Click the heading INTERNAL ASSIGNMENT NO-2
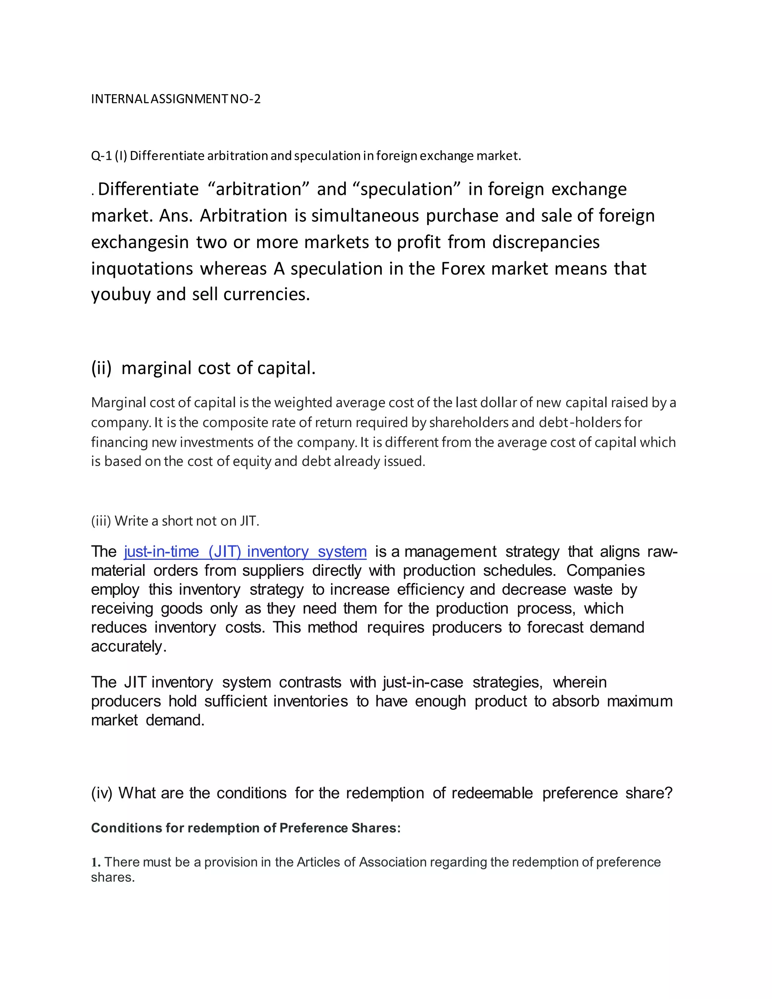176,99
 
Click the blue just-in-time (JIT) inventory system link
245,552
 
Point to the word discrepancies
545,242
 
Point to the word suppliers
273,571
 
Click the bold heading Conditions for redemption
246,828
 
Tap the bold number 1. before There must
96,862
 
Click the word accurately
128,646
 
